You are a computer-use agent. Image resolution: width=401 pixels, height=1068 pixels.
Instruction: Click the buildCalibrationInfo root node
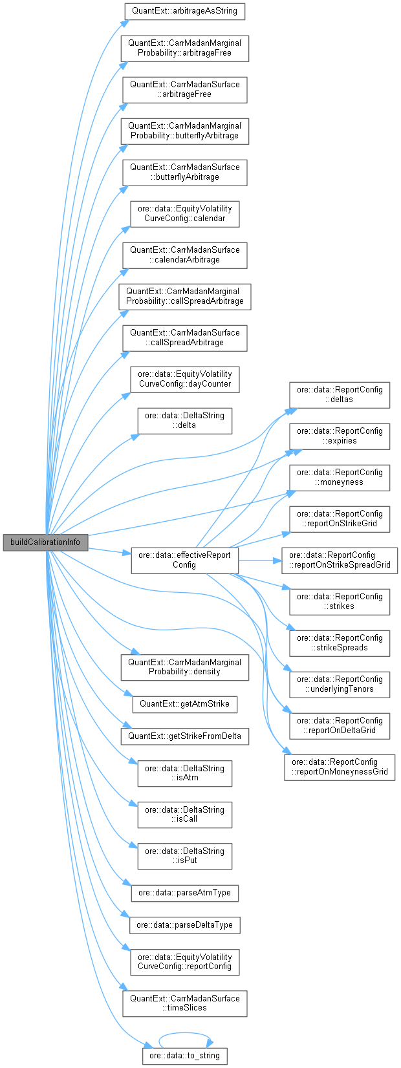click(x=45, y=542)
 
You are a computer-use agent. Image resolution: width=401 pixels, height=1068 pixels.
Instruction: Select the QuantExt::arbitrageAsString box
click(x=184, y=11)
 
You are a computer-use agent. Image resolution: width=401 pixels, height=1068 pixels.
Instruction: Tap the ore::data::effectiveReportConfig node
click(x=184, y=560)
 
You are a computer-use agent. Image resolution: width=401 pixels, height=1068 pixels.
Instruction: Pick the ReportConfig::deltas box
click(x=340, y=394)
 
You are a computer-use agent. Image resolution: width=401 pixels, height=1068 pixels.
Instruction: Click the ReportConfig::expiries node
click(x=340, y=436)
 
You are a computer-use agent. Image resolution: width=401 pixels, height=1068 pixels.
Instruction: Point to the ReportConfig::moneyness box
click(x=340, y=477)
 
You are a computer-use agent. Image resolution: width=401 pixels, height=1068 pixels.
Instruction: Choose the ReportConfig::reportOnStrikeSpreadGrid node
click(x=340, y=560)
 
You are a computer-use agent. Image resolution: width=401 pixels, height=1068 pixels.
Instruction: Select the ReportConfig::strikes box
click(x=340, y=601)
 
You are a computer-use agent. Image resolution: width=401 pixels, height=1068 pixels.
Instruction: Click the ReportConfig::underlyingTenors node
click(x=340, y=684)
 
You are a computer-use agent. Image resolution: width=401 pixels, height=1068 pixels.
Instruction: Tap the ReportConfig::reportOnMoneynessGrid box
click(x=340, y=767)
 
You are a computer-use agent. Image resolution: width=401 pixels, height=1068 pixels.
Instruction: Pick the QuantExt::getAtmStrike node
click(x=184, y=703)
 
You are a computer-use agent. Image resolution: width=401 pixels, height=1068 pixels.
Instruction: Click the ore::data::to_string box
click(x=184, y=1056)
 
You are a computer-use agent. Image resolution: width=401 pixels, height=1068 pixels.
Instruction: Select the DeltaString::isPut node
click(x=184, y=856)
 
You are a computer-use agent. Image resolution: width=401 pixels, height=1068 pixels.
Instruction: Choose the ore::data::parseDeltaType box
click(x=184, y=925)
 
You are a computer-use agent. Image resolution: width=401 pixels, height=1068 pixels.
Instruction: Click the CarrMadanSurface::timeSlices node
click(x=184, y=1003)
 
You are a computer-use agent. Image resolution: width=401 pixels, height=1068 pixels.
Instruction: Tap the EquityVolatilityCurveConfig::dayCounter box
click(x=184, y=379)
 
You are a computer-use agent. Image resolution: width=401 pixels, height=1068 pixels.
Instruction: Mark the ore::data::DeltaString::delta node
click(x=184, y=420)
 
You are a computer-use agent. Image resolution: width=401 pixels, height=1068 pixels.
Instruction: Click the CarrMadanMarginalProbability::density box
click(x=184, y=667)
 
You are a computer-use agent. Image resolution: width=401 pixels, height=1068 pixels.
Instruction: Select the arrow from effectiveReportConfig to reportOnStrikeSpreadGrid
click(x=259, y=560)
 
